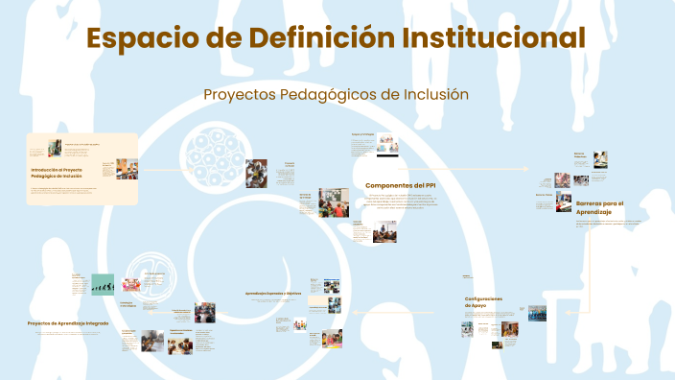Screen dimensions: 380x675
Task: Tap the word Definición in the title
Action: tap(317, 39)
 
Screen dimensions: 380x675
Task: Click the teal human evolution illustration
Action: tap(102, 285)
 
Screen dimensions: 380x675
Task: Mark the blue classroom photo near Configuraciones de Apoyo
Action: tap(537, 313)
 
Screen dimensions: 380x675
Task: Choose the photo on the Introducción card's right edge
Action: tap(127, 169)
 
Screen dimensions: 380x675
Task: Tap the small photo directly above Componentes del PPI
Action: tap(386, 144)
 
